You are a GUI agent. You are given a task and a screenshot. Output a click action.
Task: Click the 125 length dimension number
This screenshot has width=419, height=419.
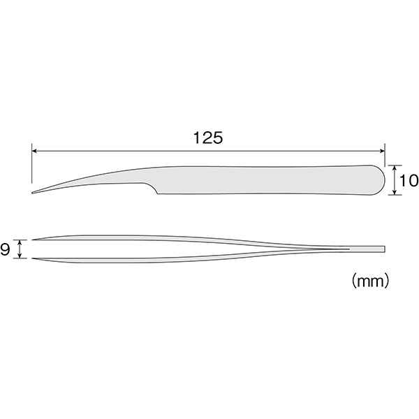(x=208, y=138)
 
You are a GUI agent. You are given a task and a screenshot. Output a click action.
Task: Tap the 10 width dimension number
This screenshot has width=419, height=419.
(x=409, y=180)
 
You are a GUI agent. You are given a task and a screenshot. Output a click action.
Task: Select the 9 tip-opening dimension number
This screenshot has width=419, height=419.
(x=5, y=249)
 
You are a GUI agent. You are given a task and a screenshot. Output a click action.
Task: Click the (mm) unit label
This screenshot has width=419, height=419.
(x=370, y=281)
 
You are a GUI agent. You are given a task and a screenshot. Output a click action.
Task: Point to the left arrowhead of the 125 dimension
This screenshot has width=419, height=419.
(x=35, y=151)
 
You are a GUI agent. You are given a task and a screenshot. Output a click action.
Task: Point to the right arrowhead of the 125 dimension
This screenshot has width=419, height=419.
(x=382, y=151)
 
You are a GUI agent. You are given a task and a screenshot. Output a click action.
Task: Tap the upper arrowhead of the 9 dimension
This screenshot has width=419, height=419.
(x=20, y=242)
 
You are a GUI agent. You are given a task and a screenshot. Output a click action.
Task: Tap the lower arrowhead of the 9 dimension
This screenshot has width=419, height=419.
(x=20, y=256)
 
